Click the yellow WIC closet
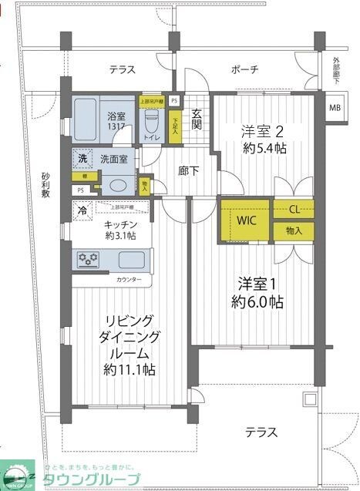click(244, 220)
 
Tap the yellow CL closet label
click(294, 209)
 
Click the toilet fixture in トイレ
click(152, 121)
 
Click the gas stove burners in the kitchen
click(88, 259)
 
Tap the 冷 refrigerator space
click(82, 208)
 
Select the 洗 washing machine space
click(82, 159)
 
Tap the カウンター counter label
click(130, 280)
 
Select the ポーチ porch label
click(244, 70)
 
